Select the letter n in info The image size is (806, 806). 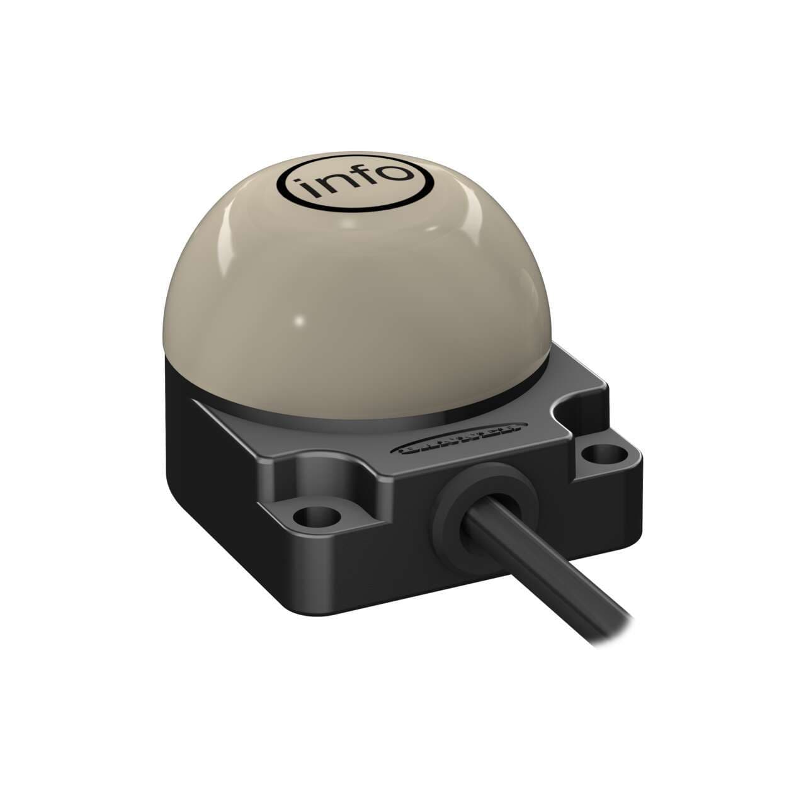click(334, 182)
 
